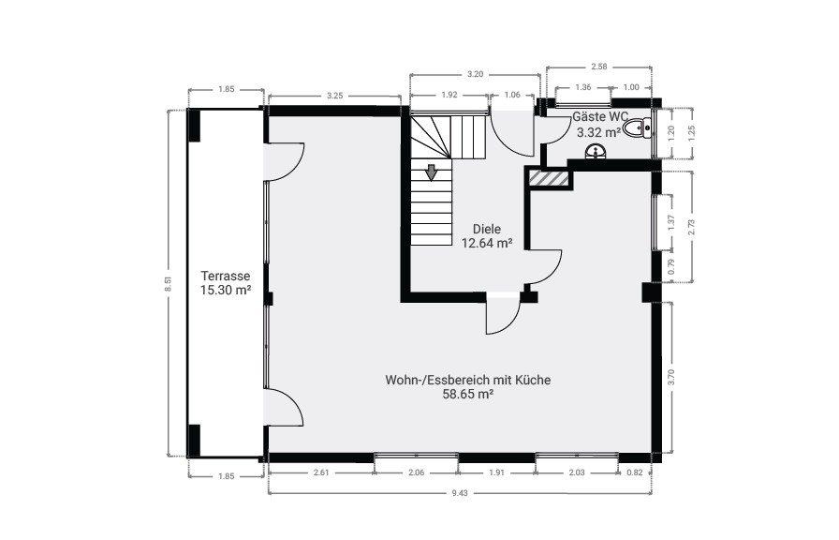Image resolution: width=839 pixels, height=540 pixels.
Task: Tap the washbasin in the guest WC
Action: (x=596, y=152)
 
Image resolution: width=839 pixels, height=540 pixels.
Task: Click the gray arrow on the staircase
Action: (x=432, y=173)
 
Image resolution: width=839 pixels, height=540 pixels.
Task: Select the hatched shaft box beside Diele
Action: (x=549, y=178)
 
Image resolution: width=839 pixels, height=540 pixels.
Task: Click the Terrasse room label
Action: (x=226, y=276)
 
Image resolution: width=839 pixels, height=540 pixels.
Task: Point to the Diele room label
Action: (x=487, y=229)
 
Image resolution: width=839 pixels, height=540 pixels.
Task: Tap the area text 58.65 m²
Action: (x=467, y=395)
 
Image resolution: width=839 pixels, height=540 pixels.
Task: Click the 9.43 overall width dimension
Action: (x=460, y=493)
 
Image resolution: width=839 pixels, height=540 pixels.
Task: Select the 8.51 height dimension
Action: (x=168, y=283)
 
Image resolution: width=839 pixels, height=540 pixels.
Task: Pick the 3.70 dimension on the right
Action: (x=671, y=377)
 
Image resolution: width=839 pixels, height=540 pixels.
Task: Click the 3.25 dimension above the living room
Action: (x=334, y=96)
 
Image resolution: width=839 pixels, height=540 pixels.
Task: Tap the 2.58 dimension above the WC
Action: (x=599, y=67)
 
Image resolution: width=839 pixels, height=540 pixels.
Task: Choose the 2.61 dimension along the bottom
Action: (x=321, y=472)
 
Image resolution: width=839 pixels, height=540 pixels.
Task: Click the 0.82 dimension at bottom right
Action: (x=635, y=472)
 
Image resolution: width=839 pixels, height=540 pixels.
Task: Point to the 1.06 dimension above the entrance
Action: (x=512, y=95)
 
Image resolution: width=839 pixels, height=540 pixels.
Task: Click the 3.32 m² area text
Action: (x=598, y=132)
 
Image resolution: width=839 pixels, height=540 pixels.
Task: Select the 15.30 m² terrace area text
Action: (x=226, y=291)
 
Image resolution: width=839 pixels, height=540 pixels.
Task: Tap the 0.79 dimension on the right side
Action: (x=671, y=267)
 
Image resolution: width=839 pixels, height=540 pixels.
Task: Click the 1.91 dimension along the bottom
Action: (x=496, y=472)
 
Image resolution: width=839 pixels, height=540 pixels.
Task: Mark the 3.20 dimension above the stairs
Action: (x=475, y=74)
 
